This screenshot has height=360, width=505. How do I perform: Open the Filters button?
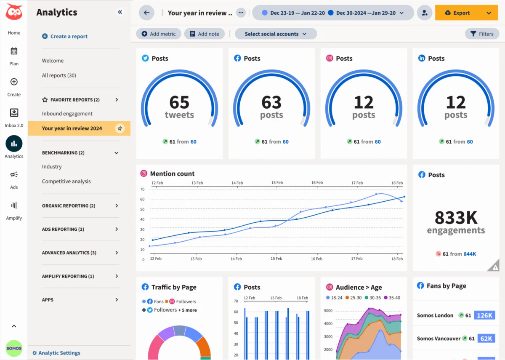pos(482,34)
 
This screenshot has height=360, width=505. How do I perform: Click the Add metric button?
pos(159,34)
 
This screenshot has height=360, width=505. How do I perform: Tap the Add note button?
pos(205,34)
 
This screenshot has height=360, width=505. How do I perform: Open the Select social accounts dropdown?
pos(276,34)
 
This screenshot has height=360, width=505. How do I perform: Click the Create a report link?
pos(65,37)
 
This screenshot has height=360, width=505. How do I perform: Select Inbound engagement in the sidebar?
pos(67,114)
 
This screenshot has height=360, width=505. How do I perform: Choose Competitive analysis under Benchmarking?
pos(66,181)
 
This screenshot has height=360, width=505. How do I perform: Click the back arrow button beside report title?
pos(146,13)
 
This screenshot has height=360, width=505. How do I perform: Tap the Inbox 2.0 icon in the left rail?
pos(14,113)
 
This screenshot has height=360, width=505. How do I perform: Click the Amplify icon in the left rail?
pos(14,205)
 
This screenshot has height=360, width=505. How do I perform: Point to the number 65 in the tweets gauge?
pos(179,102)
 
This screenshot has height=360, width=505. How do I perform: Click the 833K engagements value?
pos(456,218)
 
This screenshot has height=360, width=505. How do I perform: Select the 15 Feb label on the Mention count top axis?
pos(277,183)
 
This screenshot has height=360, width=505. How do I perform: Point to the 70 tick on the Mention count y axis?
pos(143,189)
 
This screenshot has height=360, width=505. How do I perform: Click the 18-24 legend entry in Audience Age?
pos(334,298)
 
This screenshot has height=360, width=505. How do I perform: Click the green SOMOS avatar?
pos(14,349)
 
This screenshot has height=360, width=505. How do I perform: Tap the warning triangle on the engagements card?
pos(495,267)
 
